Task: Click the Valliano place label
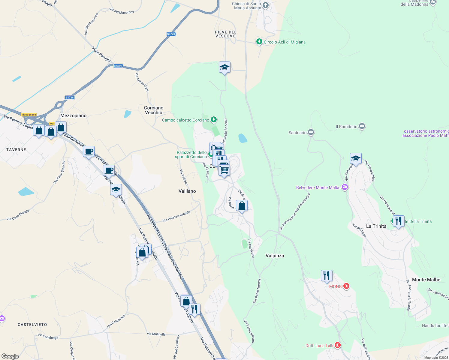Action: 187,191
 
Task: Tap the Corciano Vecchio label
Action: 154,110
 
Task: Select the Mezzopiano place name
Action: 73,115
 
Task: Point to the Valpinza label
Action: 275,256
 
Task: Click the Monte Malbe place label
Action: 426,280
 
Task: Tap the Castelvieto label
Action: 32,325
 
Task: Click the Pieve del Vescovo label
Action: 226,34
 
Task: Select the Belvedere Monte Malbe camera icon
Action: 345,187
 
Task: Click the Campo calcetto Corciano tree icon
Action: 214,120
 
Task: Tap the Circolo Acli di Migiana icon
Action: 259,42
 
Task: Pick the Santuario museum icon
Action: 311,132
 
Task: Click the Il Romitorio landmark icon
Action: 362,127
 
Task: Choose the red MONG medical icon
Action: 346,286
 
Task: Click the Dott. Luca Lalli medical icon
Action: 338,345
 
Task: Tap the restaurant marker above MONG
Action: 327,275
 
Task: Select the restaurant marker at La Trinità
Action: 398,221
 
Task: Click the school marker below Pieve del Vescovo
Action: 224,67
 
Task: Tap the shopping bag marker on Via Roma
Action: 242,206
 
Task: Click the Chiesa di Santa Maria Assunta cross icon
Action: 265,5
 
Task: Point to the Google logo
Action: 10,356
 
